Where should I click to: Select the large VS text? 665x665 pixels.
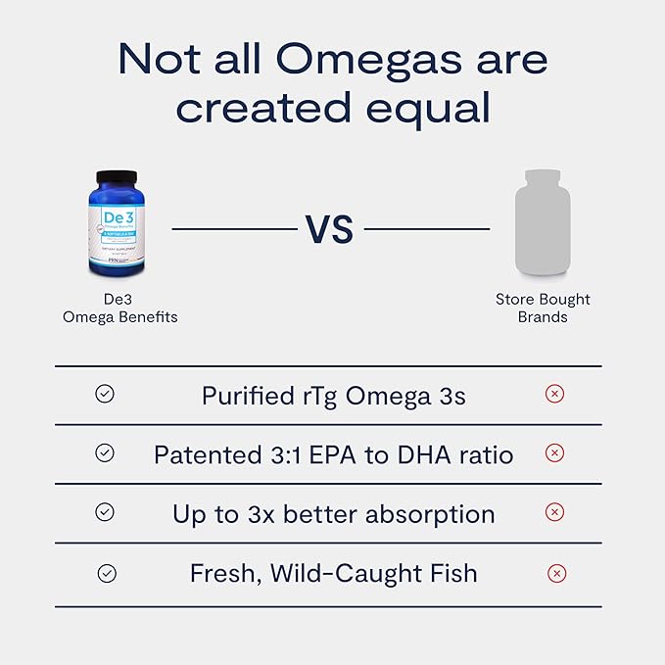pos(329,229)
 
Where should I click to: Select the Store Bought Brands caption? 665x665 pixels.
pos(543,308)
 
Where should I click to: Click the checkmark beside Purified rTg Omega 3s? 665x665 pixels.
pos(105,394)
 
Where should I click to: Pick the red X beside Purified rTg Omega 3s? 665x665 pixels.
pos(554,394)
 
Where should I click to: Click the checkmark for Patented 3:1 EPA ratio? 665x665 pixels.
pos(105,453)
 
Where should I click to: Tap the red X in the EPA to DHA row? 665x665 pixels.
pos(554,453)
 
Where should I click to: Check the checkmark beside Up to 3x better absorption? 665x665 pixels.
pos(105,512)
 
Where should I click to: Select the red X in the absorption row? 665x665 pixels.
pos(554,512)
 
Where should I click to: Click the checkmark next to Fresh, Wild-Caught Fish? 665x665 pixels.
pos(107,574)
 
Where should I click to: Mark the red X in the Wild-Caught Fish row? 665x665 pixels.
pos(556,574)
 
